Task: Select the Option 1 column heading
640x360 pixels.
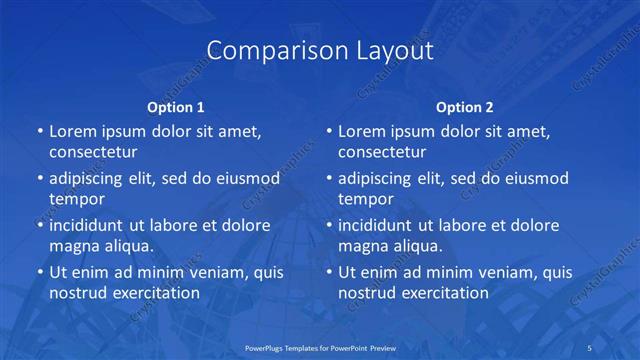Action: [176, 106]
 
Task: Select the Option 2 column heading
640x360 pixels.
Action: [465, 106]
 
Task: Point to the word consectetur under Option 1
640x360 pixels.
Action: [93, 152]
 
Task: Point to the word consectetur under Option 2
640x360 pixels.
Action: [382, 152]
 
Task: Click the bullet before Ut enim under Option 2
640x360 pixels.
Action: [329, 272]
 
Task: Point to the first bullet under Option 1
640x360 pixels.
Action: [40, 131]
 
